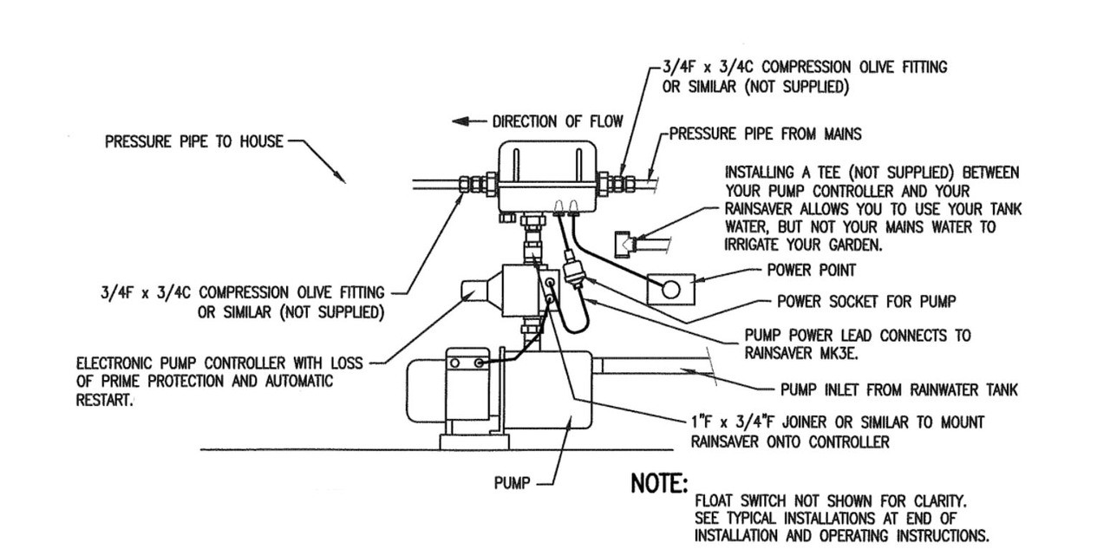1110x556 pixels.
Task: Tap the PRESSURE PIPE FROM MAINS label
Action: (x=766, y=134)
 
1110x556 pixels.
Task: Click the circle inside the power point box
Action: (x=670, y=290)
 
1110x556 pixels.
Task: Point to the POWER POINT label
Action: (x=812, y=270)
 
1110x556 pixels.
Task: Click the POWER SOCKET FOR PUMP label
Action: (x=865, y=302)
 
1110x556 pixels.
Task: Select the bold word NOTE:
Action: (x=659, y=484)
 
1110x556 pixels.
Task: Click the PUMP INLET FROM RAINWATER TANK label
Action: (x=899, y=390)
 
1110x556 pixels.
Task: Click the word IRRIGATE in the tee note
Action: (x=761, y=245)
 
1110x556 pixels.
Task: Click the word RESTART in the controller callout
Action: (x=104, y=401)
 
